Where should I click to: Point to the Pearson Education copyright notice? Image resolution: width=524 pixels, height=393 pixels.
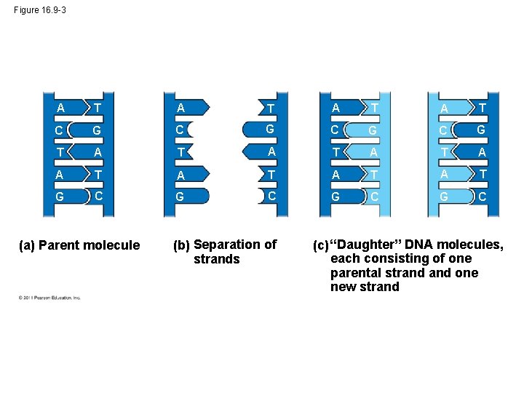pyautogui.click(x=49, y=297)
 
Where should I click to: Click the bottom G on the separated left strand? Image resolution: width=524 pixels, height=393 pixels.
pyautogui.click(x=179, y=196)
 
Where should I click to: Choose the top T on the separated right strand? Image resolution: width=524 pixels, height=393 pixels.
pyautogui.click(x=270, y=109)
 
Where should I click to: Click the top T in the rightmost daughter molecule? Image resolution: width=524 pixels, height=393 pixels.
pyautogui.click(x=482, y=107)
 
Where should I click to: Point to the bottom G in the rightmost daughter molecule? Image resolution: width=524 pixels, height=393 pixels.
pyautogui.click(x=443, y=196)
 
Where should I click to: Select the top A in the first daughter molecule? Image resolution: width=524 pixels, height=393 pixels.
pyautogui.click(x=336, y=108)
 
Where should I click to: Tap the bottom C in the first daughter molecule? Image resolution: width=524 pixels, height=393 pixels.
pyautogui.click(x=373, y=196)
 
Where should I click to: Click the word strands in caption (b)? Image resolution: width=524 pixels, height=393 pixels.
pyautogui.click(x=216, y=260)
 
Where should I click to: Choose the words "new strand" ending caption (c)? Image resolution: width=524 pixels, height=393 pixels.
pyautogui.click(x=365, y=287)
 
